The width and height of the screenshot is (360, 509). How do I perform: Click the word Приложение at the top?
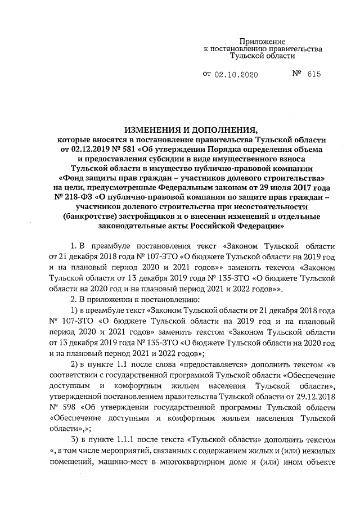pos(263,42)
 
